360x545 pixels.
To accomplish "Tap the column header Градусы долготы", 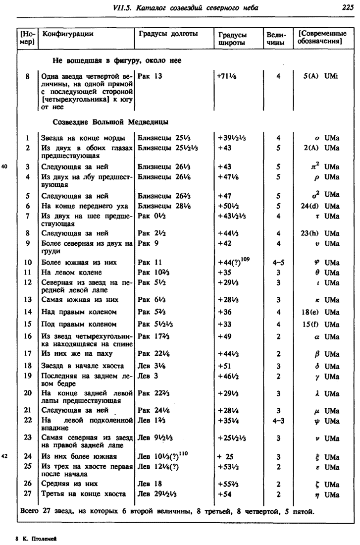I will (x=168, y=34).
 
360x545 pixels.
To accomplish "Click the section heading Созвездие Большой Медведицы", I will (x=110, y=122).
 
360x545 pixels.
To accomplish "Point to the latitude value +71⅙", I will (x=229, y=77).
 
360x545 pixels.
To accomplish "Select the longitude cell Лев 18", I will (x=148, y=483).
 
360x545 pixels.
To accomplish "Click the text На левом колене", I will (x=72, y=272).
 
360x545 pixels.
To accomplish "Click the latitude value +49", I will (x=225, y=337).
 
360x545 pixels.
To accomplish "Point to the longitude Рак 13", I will (x=150, y=77).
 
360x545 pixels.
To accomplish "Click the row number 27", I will (x=28, y=494).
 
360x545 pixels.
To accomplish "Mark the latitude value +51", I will (x=225, y=366).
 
